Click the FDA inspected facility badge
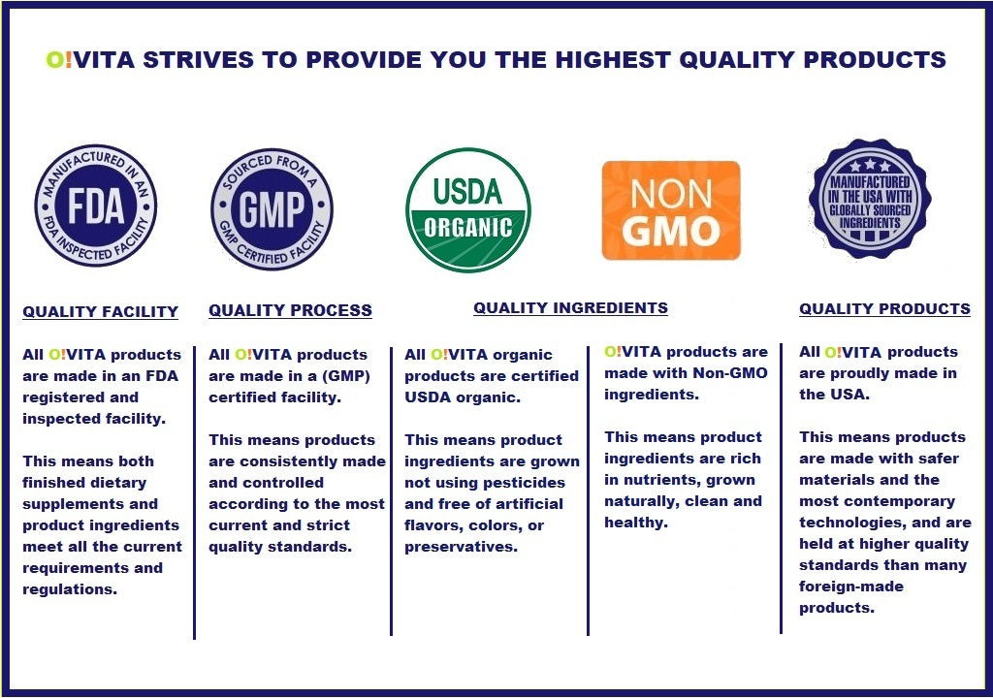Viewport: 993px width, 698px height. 96,206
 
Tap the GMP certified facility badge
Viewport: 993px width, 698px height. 272,209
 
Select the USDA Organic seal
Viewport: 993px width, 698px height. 468,209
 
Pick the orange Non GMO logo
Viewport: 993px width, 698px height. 671,210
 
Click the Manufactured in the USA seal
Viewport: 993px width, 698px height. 870,199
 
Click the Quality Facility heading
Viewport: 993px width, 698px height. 101,311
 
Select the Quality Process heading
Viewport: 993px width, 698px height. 291,310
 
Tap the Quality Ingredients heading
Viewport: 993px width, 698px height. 570,308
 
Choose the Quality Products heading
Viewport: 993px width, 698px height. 884,308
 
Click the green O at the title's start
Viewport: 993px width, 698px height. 54,59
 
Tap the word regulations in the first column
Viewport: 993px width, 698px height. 70,589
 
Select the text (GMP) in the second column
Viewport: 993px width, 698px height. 346,376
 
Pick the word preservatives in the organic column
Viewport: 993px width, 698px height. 461,547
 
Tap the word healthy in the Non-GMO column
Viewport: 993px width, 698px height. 636,523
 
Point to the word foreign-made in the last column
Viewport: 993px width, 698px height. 851,587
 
